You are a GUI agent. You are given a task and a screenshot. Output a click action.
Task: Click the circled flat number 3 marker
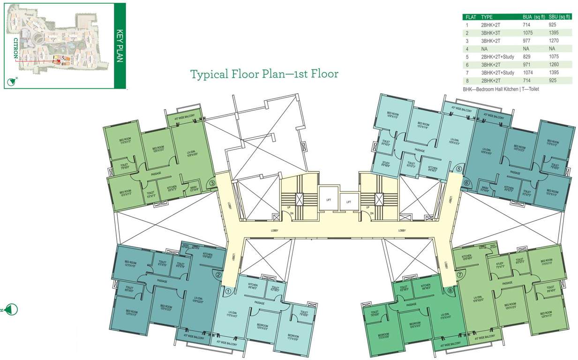click(212, 184)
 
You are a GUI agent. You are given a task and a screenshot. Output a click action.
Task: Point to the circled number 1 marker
click(228, 291)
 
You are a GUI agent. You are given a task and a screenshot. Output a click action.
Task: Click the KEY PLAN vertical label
click(119, 45)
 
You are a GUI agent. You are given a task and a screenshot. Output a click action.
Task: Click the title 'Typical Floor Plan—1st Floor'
click(264, 74)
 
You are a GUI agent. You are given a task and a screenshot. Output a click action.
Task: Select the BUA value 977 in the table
click(528, 41)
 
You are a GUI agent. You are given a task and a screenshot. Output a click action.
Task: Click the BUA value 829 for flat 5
click(528, 57)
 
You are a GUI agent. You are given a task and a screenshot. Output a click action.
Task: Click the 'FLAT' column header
click(471, 17)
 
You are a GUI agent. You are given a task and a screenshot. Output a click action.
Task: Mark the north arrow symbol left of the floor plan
click(12, 309)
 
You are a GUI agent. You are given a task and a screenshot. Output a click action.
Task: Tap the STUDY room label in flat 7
click(499, 264)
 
